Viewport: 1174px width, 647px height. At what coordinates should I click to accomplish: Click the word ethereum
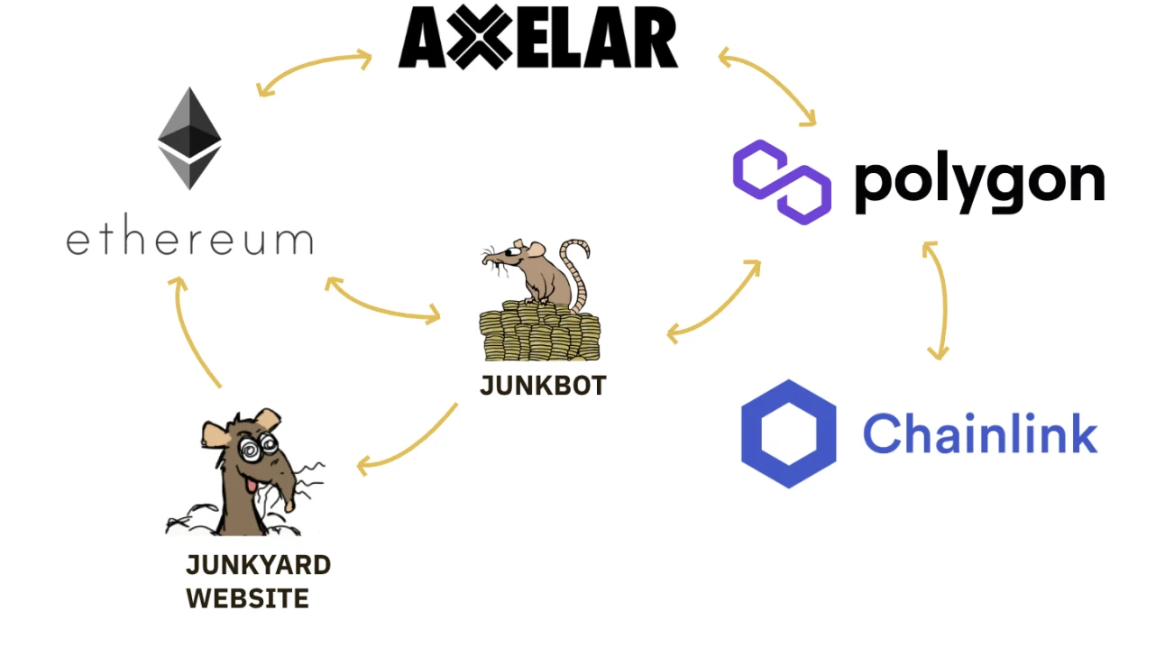(189, 241)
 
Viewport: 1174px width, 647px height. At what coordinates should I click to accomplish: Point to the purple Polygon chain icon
(781, 181)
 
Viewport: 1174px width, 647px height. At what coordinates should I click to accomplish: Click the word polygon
(978, 183)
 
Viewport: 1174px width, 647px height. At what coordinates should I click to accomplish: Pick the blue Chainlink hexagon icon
(788, 433)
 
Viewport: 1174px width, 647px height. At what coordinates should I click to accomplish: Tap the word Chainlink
(980, 433)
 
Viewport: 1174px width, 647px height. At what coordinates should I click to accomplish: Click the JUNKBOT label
(543, 386)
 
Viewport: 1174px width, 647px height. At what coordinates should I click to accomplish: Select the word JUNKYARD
(258, 565)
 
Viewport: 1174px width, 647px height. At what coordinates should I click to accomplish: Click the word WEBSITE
(247, 598)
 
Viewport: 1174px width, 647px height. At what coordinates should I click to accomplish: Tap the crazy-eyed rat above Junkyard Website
(249, 469)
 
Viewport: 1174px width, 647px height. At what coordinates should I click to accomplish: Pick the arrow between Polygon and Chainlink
(938, 299)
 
